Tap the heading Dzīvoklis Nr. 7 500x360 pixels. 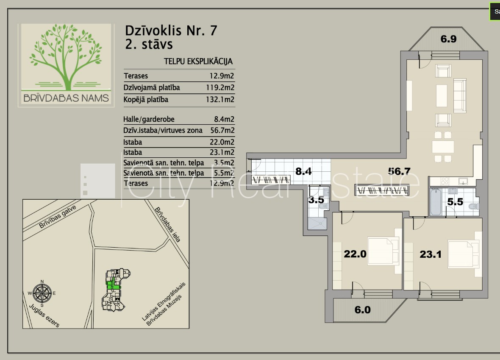point(171,31)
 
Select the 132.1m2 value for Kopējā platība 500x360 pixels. point(220,99)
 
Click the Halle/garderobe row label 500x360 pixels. point(149,119)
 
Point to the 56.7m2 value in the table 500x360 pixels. point(222,130)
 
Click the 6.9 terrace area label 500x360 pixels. point(448,39)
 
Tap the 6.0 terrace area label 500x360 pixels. point(363,310)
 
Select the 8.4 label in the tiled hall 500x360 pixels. point(303,171)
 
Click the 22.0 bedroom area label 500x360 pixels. point(355,254)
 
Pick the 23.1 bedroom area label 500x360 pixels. point(431,254)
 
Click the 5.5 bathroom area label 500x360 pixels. point(455,202)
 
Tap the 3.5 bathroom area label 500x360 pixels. point(316,200)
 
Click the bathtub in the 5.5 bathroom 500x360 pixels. point(436,202)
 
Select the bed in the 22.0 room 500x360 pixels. point(383,251)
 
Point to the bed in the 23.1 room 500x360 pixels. point(463,254)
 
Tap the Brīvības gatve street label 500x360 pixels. point(58,217)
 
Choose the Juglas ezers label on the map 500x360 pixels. point(44,315)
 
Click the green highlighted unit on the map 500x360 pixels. point(113,284)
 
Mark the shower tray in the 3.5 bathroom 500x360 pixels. point(317,224)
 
